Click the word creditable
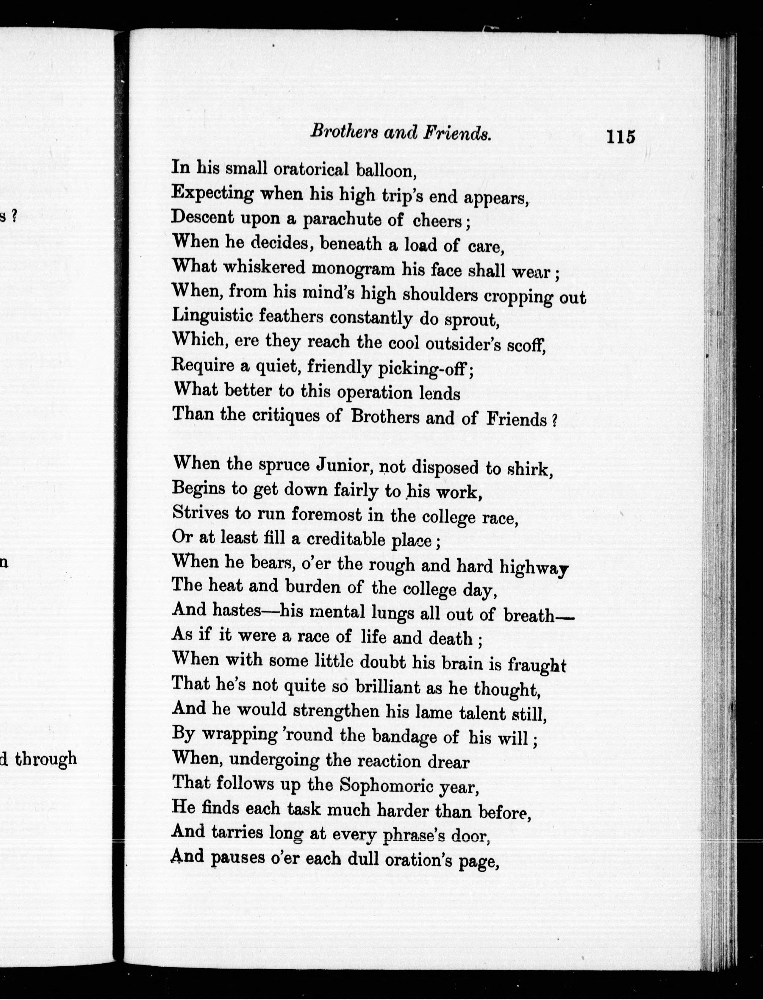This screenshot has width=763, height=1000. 346,540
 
